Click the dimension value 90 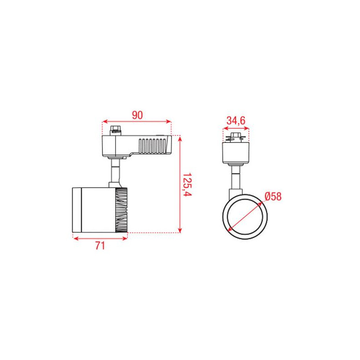tap(137, 115)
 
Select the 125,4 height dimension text tap(187, 184)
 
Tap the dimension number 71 tap(100, 246)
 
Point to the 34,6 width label tap(236, 121)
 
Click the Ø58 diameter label tap(273, 197)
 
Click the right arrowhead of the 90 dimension tap(169, 121)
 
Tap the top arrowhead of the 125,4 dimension tap(180, 139)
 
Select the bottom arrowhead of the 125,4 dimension tap(180, 230)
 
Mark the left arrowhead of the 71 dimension tap(76, 238)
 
